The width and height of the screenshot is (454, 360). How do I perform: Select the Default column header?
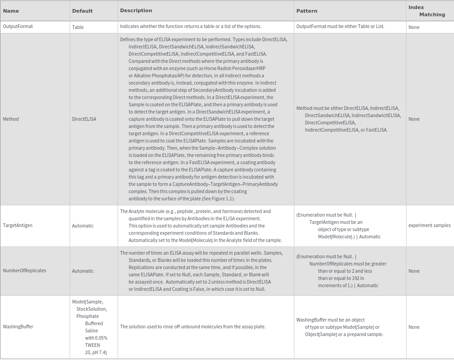click(82, 11)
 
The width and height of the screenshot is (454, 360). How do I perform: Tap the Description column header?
click(136, 10)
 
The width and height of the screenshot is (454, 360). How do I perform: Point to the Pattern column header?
click(307, 11)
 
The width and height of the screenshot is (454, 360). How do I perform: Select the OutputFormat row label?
click(18, 27)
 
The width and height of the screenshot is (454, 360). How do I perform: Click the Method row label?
click(11, 119)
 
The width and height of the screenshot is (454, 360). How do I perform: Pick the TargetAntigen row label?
click(18, 225)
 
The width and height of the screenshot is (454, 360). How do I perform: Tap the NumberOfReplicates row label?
click(24, 270)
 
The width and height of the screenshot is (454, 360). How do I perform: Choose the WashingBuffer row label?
click(18, 327)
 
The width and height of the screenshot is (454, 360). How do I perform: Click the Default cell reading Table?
click(78, 27)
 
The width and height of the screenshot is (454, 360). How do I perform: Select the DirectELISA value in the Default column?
click(84, 119)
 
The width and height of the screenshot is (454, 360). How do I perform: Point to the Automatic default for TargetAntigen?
click(83, 226)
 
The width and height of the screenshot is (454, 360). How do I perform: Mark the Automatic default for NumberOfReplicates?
click(83, 271)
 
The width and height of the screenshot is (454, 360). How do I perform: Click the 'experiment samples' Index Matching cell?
click(429, 225)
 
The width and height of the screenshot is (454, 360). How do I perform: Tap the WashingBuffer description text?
click(193, 327)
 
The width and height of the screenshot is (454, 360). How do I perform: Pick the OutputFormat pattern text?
click(340, 26)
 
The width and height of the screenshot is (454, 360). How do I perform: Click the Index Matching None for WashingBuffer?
click(414, 327)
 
